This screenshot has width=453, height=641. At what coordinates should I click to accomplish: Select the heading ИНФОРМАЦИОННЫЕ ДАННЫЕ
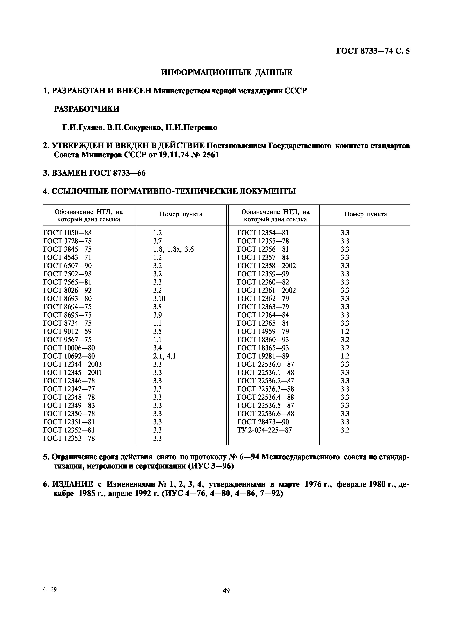(x=227, y=73)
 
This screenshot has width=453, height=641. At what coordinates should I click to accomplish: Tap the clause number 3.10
(x=159, y=299)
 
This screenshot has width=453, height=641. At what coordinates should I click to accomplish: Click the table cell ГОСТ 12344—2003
(x=72, y=364)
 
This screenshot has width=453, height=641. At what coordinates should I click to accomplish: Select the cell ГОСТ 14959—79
(x=263, y=331)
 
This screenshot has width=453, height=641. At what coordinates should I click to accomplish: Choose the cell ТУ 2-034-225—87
(x=264, y=430)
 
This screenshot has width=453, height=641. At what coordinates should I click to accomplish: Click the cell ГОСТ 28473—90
(x=263, y=422)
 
